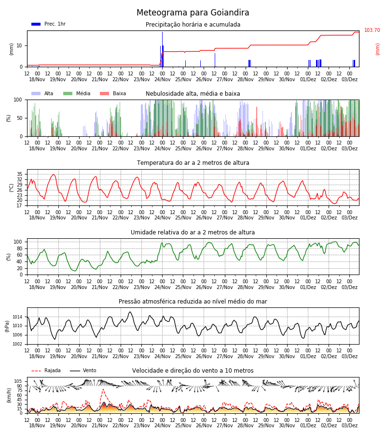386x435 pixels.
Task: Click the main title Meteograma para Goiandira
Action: coord(193,13)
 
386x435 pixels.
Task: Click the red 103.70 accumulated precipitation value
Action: coord(372,30)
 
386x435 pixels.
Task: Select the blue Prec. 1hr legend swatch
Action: coord(36,24)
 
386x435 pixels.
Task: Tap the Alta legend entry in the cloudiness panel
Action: coord(42,93)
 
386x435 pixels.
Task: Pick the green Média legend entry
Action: coord(77,93)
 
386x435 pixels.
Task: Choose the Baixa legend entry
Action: coord(113,93)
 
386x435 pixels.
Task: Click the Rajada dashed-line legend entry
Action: coord(46,370)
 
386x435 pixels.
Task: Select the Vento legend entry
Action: coord(83,370)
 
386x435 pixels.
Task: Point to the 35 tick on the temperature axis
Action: coord(19,174)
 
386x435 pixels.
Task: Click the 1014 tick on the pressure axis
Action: coord(18,317)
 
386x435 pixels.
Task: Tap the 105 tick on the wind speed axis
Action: coord(18,381)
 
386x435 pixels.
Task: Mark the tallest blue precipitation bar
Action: coord(162,49)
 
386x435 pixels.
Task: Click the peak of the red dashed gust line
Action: coord(103,389)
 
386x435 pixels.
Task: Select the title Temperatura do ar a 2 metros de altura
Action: coord(193,163)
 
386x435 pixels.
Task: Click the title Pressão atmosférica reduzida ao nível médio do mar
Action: coord(193,301)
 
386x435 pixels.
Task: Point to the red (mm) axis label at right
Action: coord(377,49)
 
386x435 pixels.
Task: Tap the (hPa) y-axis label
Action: coord(7,326)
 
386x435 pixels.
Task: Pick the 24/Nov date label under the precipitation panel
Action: coord(162,79)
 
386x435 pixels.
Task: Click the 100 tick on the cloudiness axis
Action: coord(18,100)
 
